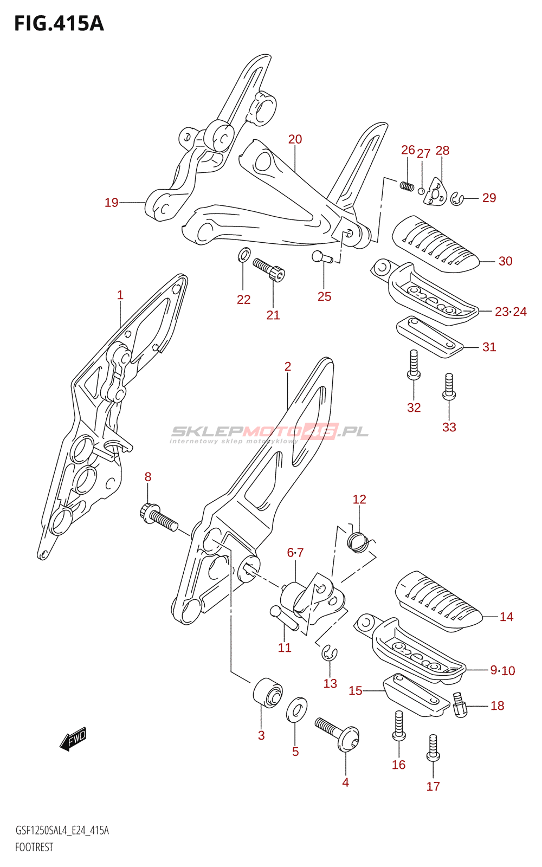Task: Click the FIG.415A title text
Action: [59, 24]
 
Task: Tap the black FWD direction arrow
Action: [74, 739]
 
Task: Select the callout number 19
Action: [112, 203]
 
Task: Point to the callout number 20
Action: [295, 139]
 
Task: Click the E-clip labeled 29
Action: [457, 199]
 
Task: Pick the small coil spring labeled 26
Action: [407, 186]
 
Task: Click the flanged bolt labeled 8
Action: [158, 517]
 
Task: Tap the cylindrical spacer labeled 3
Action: [268, 693]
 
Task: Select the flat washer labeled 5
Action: [296, 710]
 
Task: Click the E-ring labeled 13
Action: [330, 654]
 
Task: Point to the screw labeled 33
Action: [449, 386]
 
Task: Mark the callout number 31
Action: [489, 347]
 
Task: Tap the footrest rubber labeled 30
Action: [436, 244]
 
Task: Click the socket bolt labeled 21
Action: [269, 270]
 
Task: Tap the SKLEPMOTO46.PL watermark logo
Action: [270, 433]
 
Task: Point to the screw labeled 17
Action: [433, 748]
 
